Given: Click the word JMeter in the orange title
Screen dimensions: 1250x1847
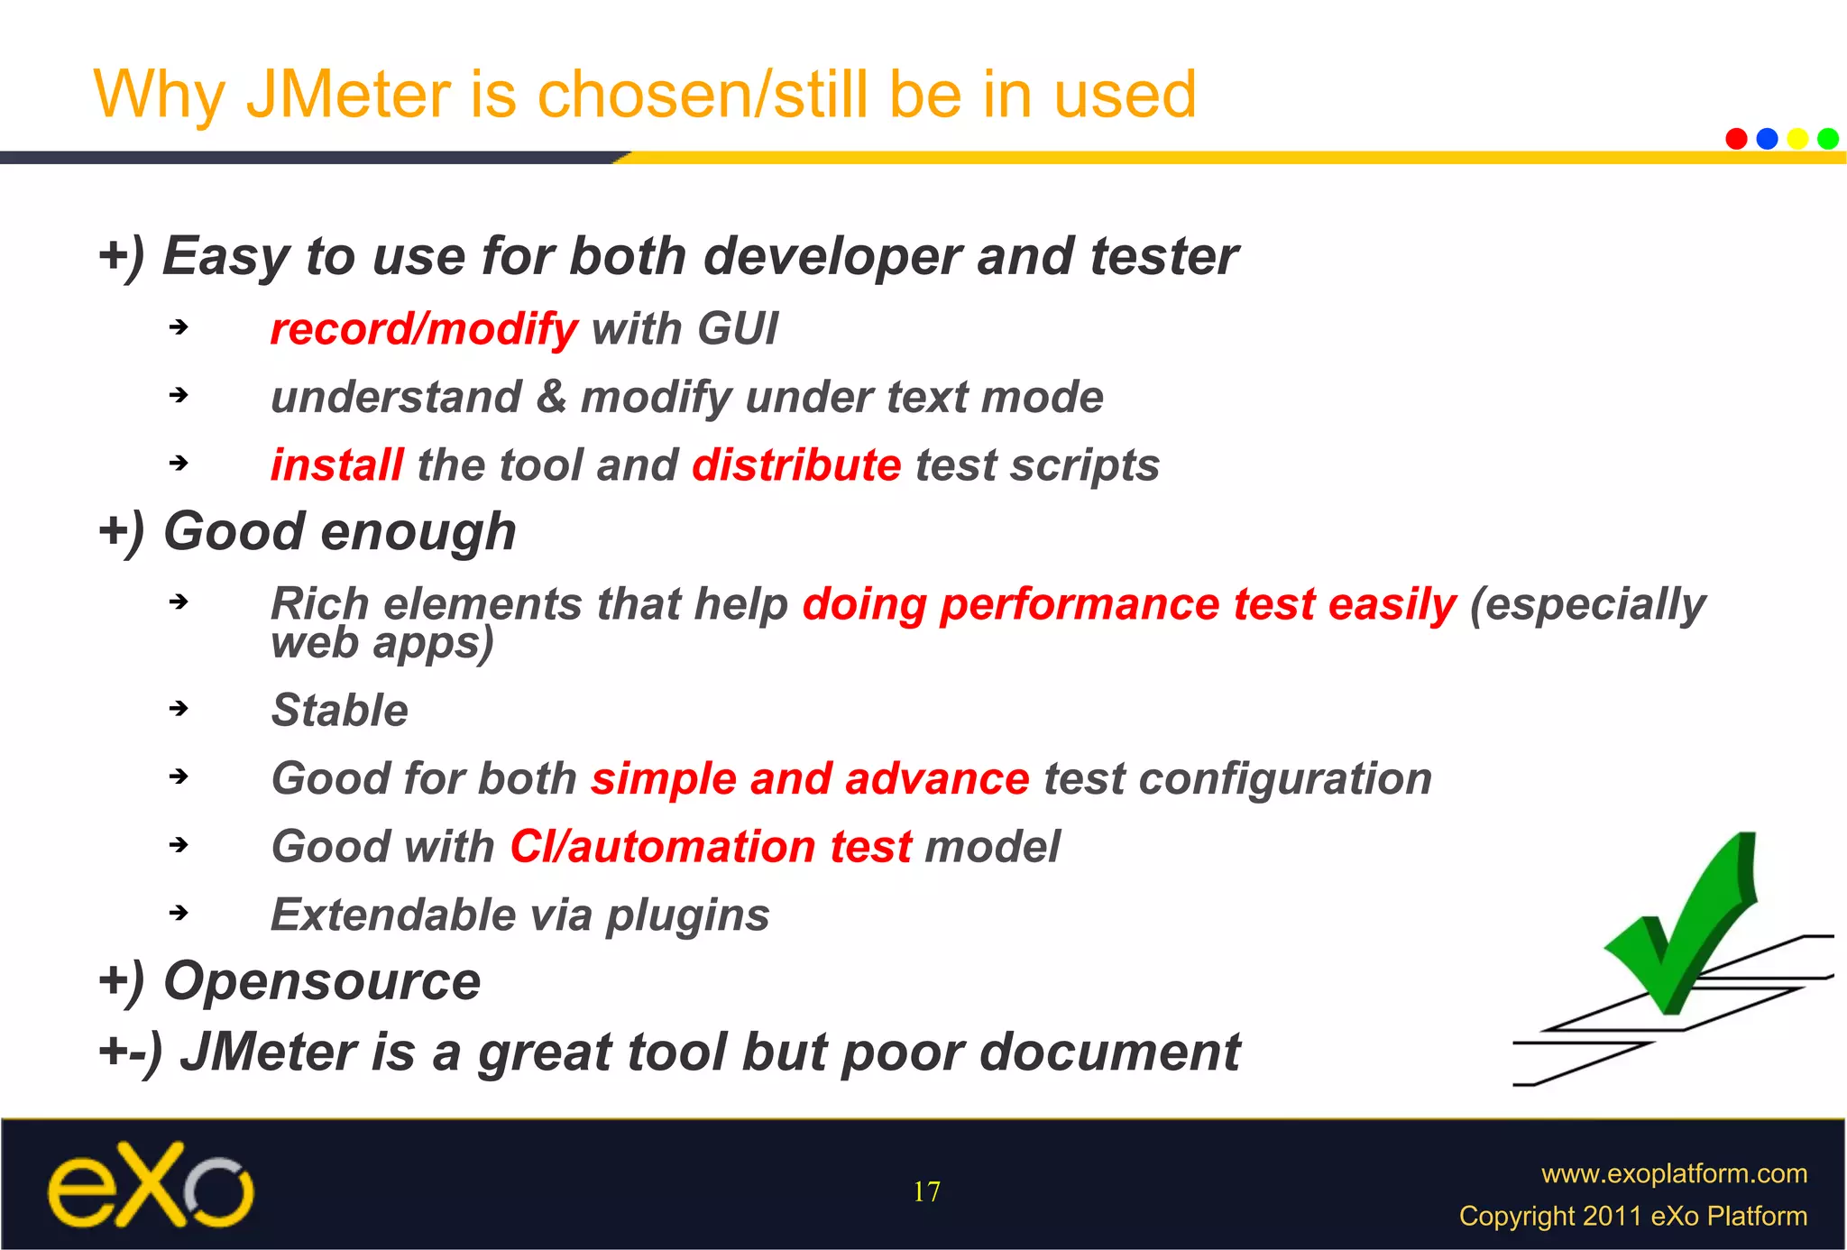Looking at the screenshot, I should (348, 95).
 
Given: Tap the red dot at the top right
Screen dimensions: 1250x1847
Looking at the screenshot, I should (1736, 139).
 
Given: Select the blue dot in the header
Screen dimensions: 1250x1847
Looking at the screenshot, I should (1767, 139).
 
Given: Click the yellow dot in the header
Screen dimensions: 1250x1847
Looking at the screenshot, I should (1797, 139).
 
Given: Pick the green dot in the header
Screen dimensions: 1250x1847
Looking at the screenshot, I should (1828, 139).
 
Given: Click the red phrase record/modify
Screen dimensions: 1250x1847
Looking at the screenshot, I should (424, 329).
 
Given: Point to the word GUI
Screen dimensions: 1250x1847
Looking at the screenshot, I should (737, 328).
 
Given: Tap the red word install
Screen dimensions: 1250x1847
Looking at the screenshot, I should (336, 465).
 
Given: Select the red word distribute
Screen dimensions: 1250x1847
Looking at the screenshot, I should (796, 465).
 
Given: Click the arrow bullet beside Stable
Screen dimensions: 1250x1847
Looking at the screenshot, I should (179, 709).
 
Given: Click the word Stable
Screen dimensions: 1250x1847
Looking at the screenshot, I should (340, 711).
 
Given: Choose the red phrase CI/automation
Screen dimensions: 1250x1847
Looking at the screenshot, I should (663, 848).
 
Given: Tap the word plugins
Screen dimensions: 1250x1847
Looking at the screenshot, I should (687, 916).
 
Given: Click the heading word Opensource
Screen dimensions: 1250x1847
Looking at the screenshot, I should (322, 981).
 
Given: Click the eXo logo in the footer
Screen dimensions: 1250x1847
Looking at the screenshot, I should (151, 1185).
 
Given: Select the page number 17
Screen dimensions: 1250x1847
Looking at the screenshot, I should (926, 1192).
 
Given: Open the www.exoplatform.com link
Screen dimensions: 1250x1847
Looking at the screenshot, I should (1674, 1173).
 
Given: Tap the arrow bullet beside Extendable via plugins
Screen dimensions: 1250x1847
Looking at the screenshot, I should (179, 913).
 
